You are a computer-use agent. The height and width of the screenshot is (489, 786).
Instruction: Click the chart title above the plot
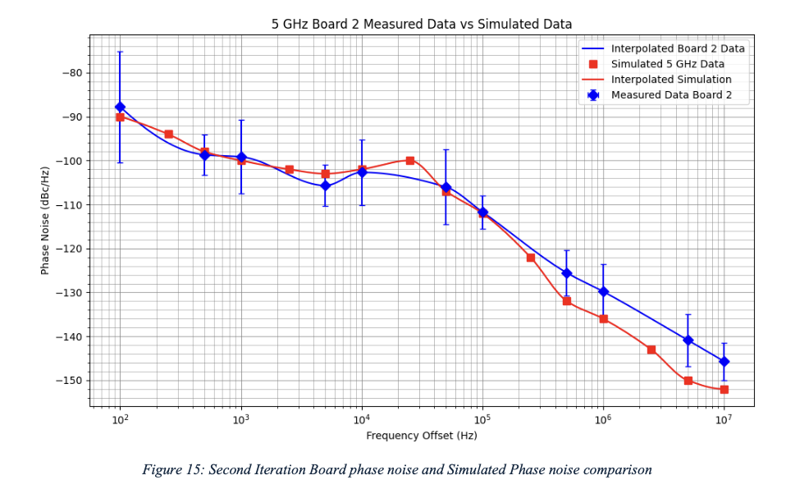422,24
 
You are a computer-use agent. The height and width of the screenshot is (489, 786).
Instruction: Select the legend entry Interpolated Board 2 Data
678,48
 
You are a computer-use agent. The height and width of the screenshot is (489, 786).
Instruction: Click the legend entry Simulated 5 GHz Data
667,64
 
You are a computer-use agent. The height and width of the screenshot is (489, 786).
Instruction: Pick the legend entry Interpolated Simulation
671,80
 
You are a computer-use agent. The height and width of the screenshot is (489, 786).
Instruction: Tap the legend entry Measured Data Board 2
669,95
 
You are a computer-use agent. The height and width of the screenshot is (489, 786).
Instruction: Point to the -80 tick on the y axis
72,73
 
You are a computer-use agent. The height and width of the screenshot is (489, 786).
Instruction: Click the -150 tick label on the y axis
70,381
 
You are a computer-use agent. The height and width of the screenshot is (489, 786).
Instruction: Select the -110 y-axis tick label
70,204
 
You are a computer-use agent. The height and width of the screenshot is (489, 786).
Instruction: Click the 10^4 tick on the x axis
361,419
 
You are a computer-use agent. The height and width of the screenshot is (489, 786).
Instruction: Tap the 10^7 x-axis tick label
724,419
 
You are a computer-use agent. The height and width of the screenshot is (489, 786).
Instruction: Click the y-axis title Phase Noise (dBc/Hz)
45,220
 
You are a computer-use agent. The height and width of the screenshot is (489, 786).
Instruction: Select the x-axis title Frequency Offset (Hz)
422,436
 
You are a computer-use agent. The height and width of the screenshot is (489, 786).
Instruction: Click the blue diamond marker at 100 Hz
120,107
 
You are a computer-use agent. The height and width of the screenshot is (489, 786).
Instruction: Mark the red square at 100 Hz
120,117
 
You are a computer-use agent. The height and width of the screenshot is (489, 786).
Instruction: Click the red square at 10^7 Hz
724,390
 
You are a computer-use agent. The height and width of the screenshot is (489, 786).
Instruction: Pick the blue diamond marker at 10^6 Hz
603,291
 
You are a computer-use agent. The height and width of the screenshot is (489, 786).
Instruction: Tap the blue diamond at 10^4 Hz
362,172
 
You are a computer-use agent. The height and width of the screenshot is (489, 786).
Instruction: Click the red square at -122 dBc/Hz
531,258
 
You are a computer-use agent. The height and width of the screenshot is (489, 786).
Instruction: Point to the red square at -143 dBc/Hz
651,350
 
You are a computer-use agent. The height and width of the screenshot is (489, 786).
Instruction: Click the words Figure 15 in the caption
171,470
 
